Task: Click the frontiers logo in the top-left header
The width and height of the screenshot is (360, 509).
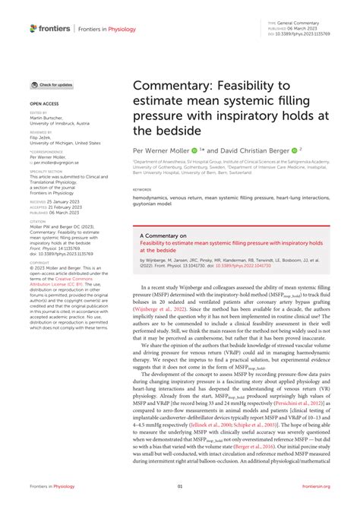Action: tap(49, 28)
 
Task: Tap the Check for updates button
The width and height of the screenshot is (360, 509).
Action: tap(52, 85)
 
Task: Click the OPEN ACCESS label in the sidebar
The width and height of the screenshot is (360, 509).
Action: tap(44, 101)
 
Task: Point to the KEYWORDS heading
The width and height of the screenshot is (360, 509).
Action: tap(142, 189)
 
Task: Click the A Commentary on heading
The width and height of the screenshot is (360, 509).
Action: tap(165, 236)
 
